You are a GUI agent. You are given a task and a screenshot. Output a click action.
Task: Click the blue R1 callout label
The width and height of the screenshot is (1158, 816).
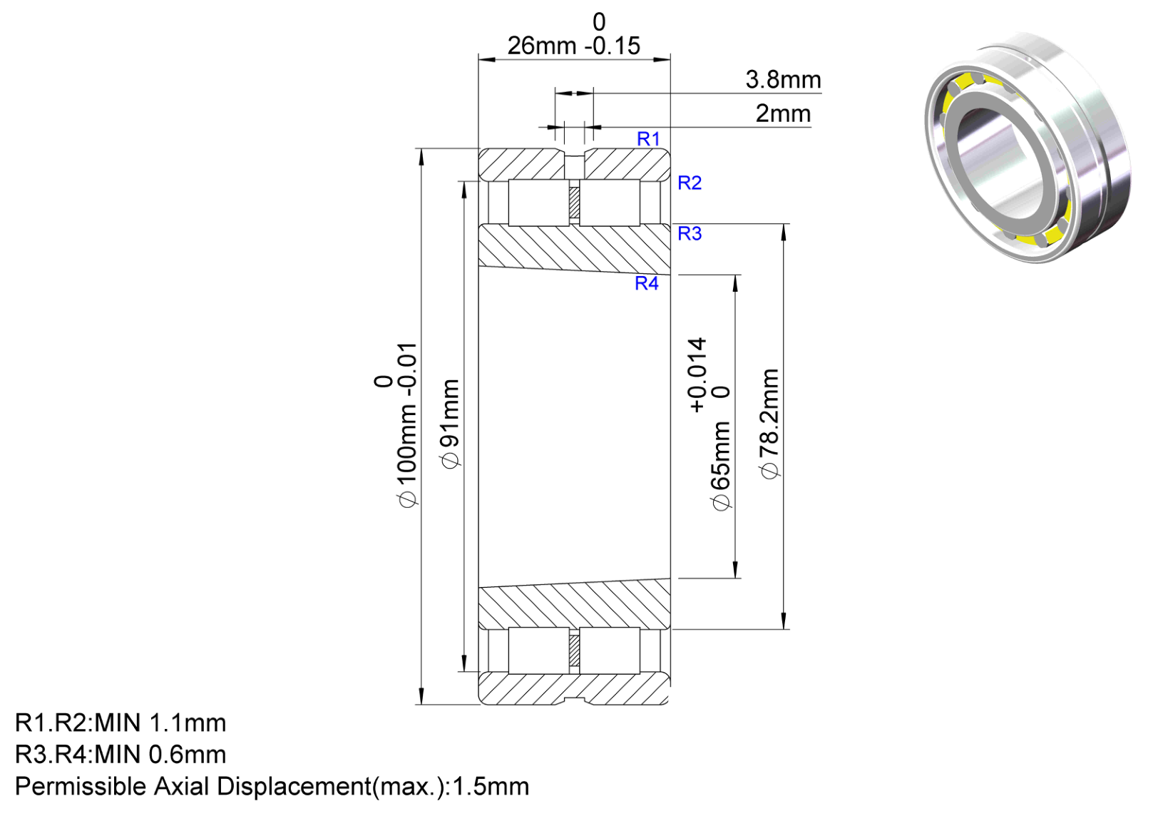click(x=648, y=139)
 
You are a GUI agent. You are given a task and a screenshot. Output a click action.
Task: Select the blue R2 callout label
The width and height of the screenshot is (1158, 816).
click(x=690, y=183)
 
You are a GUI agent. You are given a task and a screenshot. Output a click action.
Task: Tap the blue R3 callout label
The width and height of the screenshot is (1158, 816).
click(x=690, y=234)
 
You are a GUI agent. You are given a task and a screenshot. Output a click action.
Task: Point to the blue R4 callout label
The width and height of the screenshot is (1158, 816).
click(x=647, y=283)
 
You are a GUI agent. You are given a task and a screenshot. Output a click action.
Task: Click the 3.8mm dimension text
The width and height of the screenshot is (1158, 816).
click(x=783, y=80)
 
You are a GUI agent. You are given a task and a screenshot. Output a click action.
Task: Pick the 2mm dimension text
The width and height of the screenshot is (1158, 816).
click(x=783, y=113)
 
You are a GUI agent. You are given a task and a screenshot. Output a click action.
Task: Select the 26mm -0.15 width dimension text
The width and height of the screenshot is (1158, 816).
click(x=574, y=46)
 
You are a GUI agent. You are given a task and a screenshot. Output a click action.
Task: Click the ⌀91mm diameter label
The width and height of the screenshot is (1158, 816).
click(x=451, y=424)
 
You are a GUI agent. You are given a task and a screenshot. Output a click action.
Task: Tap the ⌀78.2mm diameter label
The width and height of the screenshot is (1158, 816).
click(x=770, y=424)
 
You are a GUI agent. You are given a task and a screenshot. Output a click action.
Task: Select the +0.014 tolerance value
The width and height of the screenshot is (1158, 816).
click(x=697, y=375)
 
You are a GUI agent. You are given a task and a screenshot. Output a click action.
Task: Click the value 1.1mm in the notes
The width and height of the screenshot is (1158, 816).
click(x=188, y=723)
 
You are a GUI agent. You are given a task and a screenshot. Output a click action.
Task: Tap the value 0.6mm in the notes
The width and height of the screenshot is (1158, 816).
click(x=188, y=755)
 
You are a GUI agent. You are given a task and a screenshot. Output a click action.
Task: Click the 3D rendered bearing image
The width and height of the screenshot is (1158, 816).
click(x=1028, y=148)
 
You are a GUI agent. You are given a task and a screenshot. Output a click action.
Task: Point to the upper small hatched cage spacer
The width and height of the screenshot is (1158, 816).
click(x=574, y=203)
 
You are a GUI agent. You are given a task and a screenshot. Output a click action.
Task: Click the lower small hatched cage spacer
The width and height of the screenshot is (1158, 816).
click(x=574, y=651)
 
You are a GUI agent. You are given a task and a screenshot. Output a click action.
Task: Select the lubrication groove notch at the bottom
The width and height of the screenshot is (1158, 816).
click(x=574, y=700)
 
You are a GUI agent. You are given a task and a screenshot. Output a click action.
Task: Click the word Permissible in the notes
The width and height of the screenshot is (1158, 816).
click(x=81, y=787)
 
